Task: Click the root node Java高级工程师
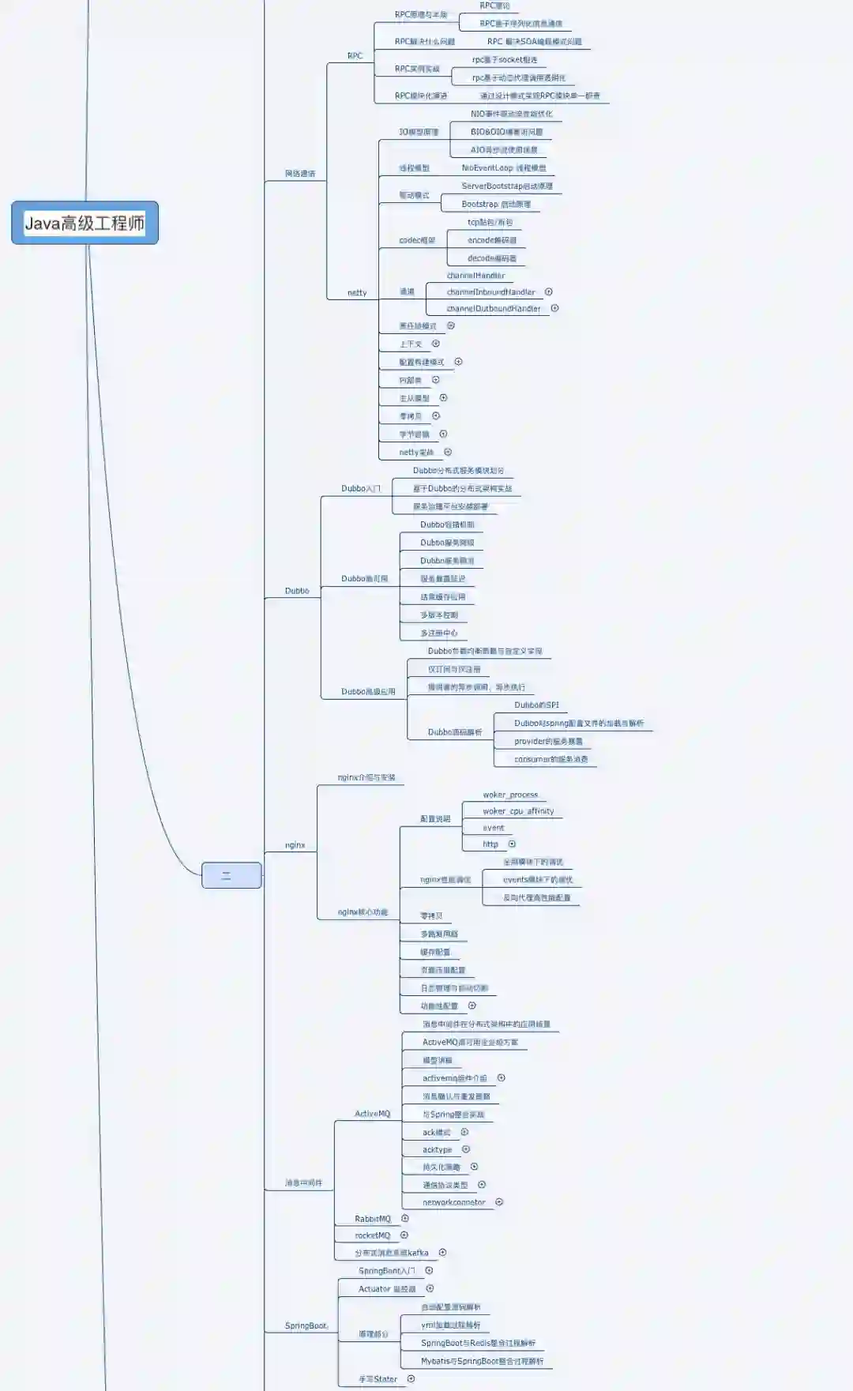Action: coord(85,223)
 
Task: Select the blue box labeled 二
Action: coord(231,875)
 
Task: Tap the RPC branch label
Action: coord(355,56)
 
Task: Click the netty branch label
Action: coord(357,293)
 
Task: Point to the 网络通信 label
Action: coord(300,174)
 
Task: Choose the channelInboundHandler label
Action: coord(490,292)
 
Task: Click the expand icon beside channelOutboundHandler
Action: coord(554,308)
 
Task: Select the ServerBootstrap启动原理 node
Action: coord(507,186)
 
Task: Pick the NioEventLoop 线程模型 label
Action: coord(504,168)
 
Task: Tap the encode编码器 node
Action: coord(492,240)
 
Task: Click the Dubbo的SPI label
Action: coord(536,705)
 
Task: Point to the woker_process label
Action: coord(510,795)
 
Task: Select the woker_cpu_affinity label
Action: coord(518,811)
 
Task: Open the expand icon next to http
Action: coord(512,844)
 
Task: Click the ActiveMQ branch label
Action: coord(372,1114)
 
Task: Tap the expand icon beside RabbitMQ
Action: coord(405,1219)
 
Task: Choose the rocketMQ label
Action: coord(372,1235)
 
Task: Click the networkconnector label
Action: coord(453,1202)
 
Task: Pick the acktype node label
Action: coord(437,1150)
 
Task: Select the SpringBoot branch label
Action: coord(306,1325)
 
